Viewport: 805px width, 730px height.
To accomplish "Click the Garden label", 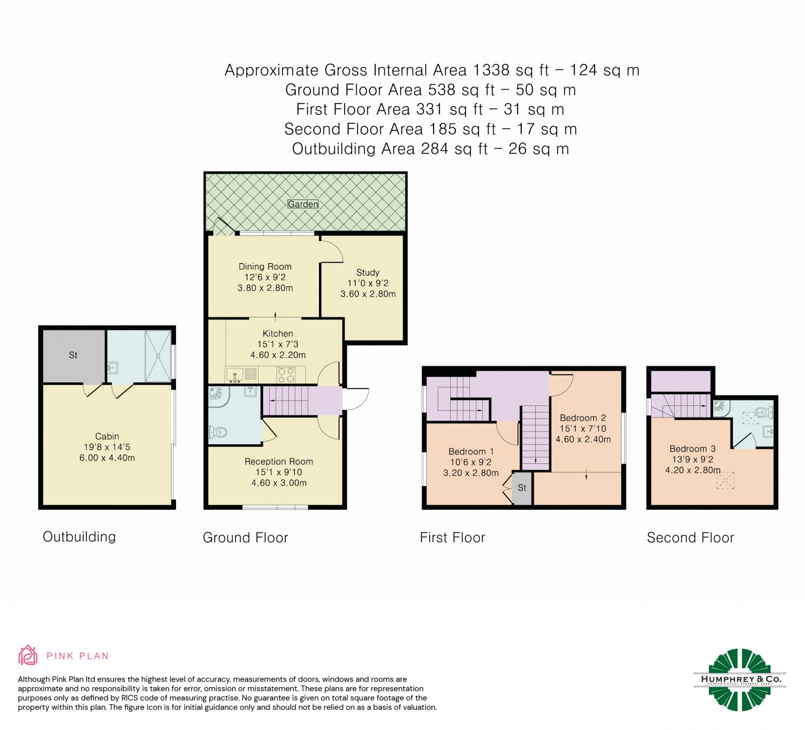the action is pyautogui.click(x=303, y=204).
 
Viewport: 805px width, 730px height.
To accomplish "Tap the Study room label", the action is pyautogui.click(x=368, y=272).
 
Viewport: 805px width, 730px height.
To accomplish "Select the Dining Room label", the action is pyautogui.click(x=265, y=267).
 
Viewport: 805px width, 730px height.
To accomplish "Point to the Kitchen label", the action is pyautogui.click(x=278, y=334).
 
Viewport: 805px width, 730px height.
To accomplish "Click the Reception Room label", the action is pyautogui.click(x=279, y=461).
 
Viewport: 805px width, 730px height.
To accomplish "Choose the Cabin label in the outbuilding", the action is pyautogui.click(x=107, y=436).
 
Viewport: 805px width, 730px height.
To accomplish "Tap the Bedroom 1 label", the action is pyautogui.click(x=471, y=451).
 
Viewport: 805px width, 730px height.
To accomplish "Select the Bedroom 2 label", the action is pyautogui.click(x=583, y=418).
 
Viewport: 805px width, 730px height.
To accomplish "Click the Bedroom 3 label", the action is pyautogui.click(x=692, y=448).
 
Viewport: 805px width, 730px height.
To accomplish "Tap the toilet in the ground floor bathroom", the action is pyautogui.click(x=218, y=432).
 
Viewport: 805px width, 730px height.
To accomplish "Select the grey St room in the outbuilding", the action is pyautogui.click(x=73, y=356).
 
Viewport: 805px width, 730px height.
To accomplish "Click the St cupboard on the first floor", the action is pyautogui.click(x=522, y=488).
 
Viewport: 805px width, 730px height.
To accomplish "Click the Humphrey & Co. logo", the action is pyautogui.click(x=740, y=679).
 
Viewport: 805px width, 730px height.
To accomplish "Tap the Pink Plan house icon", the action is pyautogui.click(x=28, y=655).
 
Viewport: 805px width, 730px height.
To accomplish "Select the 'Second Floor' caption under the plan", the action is pyautogui.click(x=690, y=537).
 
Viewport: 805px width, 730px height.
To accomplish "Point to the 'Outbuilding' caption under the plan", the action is pyautogui.click(x=79, y=537).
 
